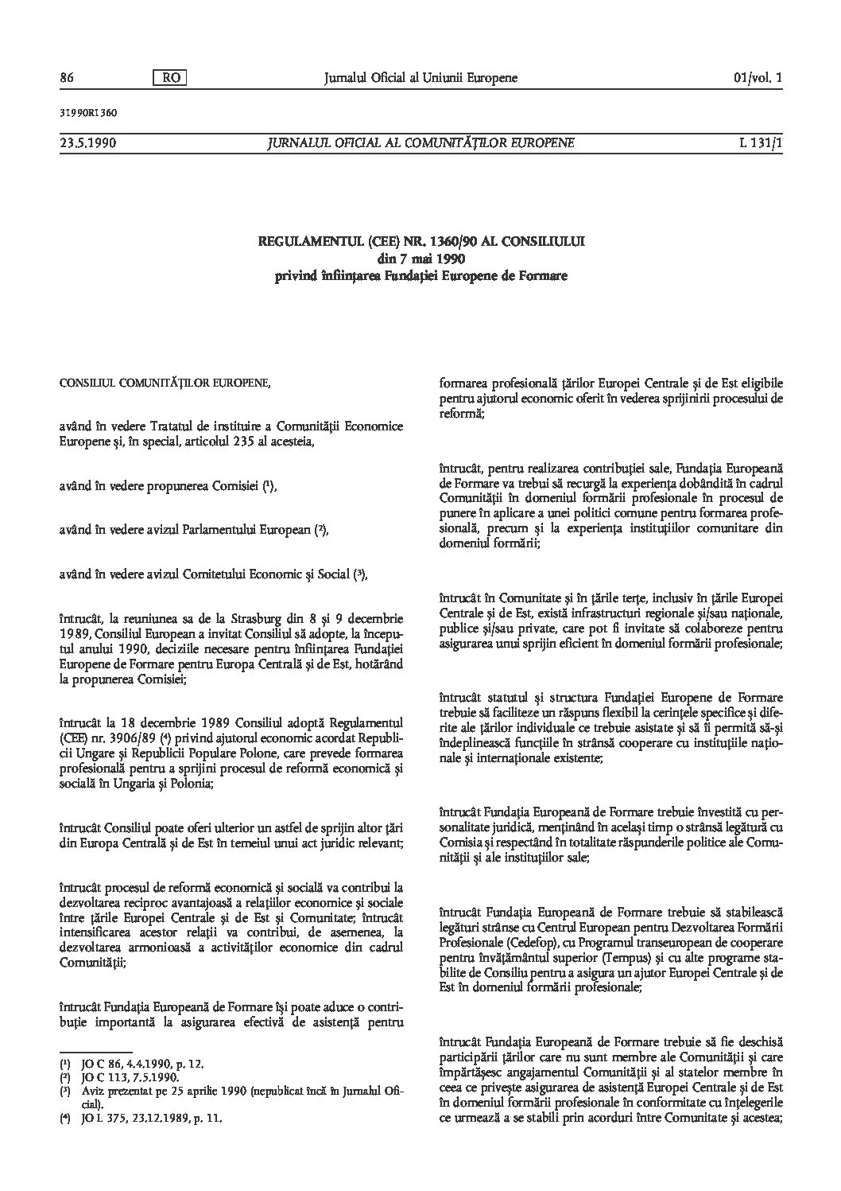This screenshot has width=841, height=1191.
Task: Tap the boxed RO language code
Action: click(168, 78)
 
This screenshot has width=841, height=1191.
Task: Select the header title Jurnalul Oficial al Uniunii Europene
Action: click(420, 78)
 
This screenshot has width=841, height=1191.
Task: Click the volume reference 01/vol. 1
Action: click(758, 78)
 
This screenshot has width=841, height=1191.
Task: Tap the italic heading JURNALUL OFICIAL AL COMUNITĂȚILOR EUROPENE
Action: click(420, 143)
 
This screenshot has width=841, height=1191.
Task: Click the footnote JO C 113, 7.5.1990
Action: click(128, 1077)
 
